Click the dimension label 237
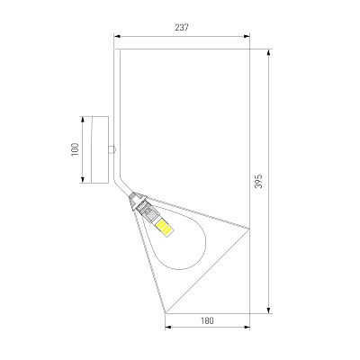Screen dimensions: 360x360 182,27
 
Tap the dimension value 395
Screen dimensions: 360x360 258,181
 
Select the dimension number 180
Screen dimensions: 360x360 207,320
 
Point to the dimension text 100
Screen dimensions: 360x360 75,149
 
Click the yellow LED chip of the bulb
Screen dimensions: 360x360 165,227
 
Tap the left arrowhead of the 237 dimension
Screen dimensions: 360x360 117,36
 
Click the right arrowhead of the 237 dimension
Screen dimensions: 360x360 247,36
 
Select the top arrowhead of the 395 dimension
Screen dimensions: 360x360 269,52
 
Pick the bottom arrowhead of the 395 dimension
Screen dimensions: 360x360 269,310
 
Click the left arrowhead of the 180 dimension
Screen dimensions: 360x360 168,327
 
